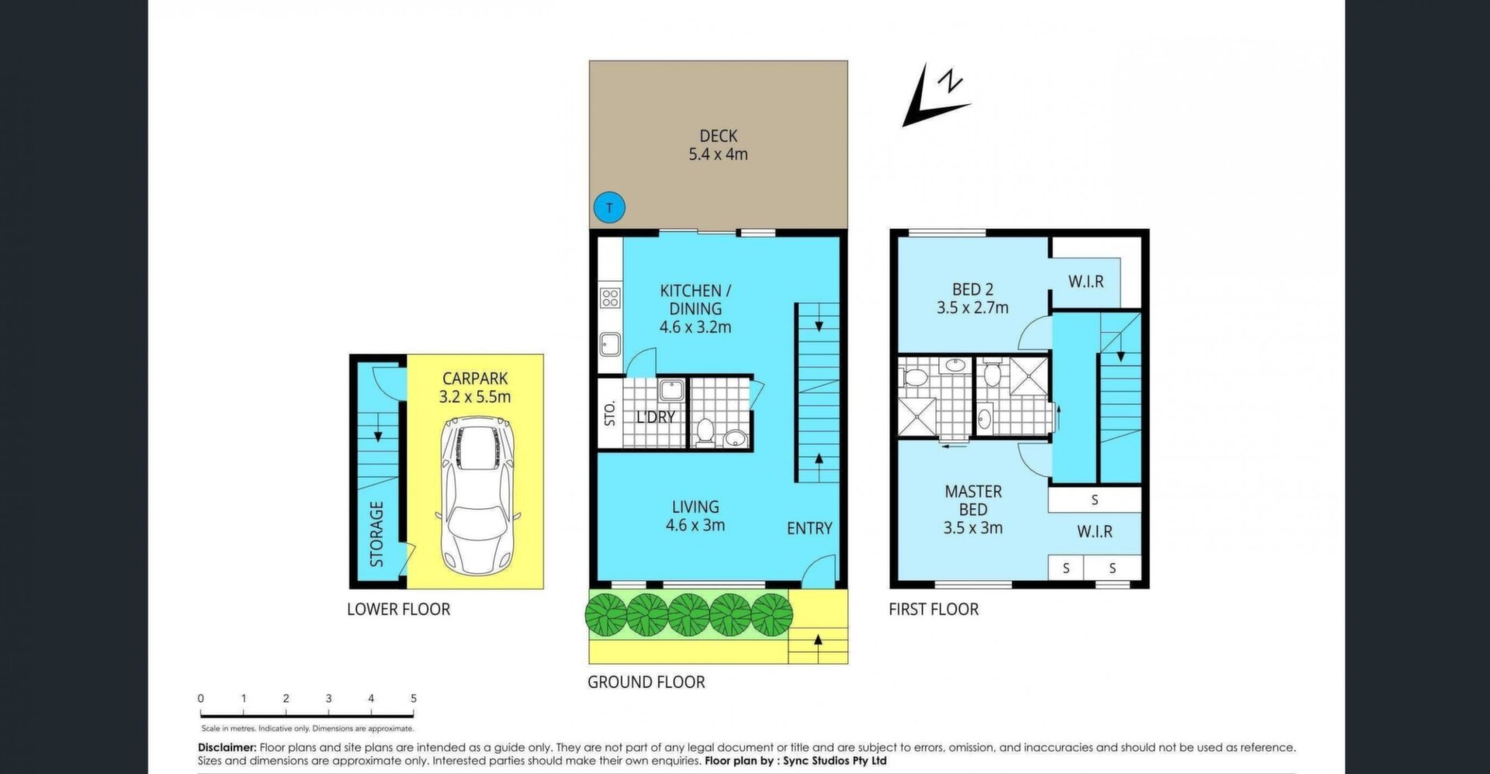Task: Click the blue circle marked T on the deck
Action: pyautogui.click(x=609, y=207)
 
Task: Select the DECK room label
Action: pyautogui.click(x=719, y=136)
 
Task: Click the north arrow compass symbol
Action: pyautogui.click(x=934, y=96)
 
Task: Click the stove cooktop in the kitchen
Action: pyautogui.click(x=610, y=297)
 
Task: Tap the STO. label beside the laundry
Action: pyautogui.click(x=610, y=413)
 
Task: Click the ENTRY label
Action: pyautogui.click(x=809, y=528)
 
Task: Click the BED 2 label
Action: pyautogui.click(x=972, y=289)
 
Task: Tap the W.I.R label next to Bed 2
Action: pyautogui.click(x=1086, y=282)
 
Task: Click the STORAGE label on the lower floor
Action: pyautogui.click(x=376, y=534)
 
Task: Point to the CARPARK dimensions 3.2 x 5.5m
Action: pyautogui.click(x=475, y=397)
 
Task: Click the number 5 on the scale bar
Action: pyautogui.click(x=414, y=699)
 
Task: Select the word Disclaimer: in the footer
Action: pyautogui.click(x=227, y=748)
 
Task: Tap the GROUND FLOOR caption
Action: pyautogui.click(x=646, y=682)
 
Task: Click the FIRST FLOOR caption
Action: pyautogui.click(x=934, y=610)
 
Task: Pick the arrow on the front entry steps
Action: pyautogui.click(x=818, y=641)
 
